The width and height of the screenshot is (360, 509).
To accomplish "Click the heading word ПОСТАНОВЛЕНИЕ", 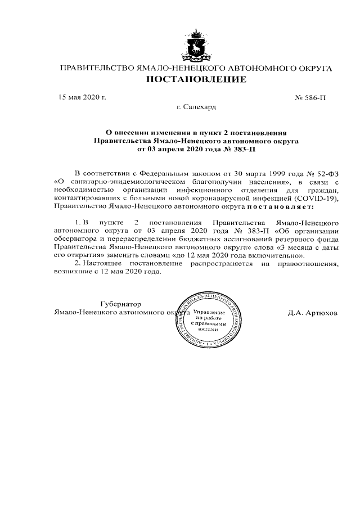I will click(x=196, y=80).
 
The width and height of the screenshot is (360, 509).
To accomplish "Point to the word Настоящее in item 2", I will click(x=103, y=263).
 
